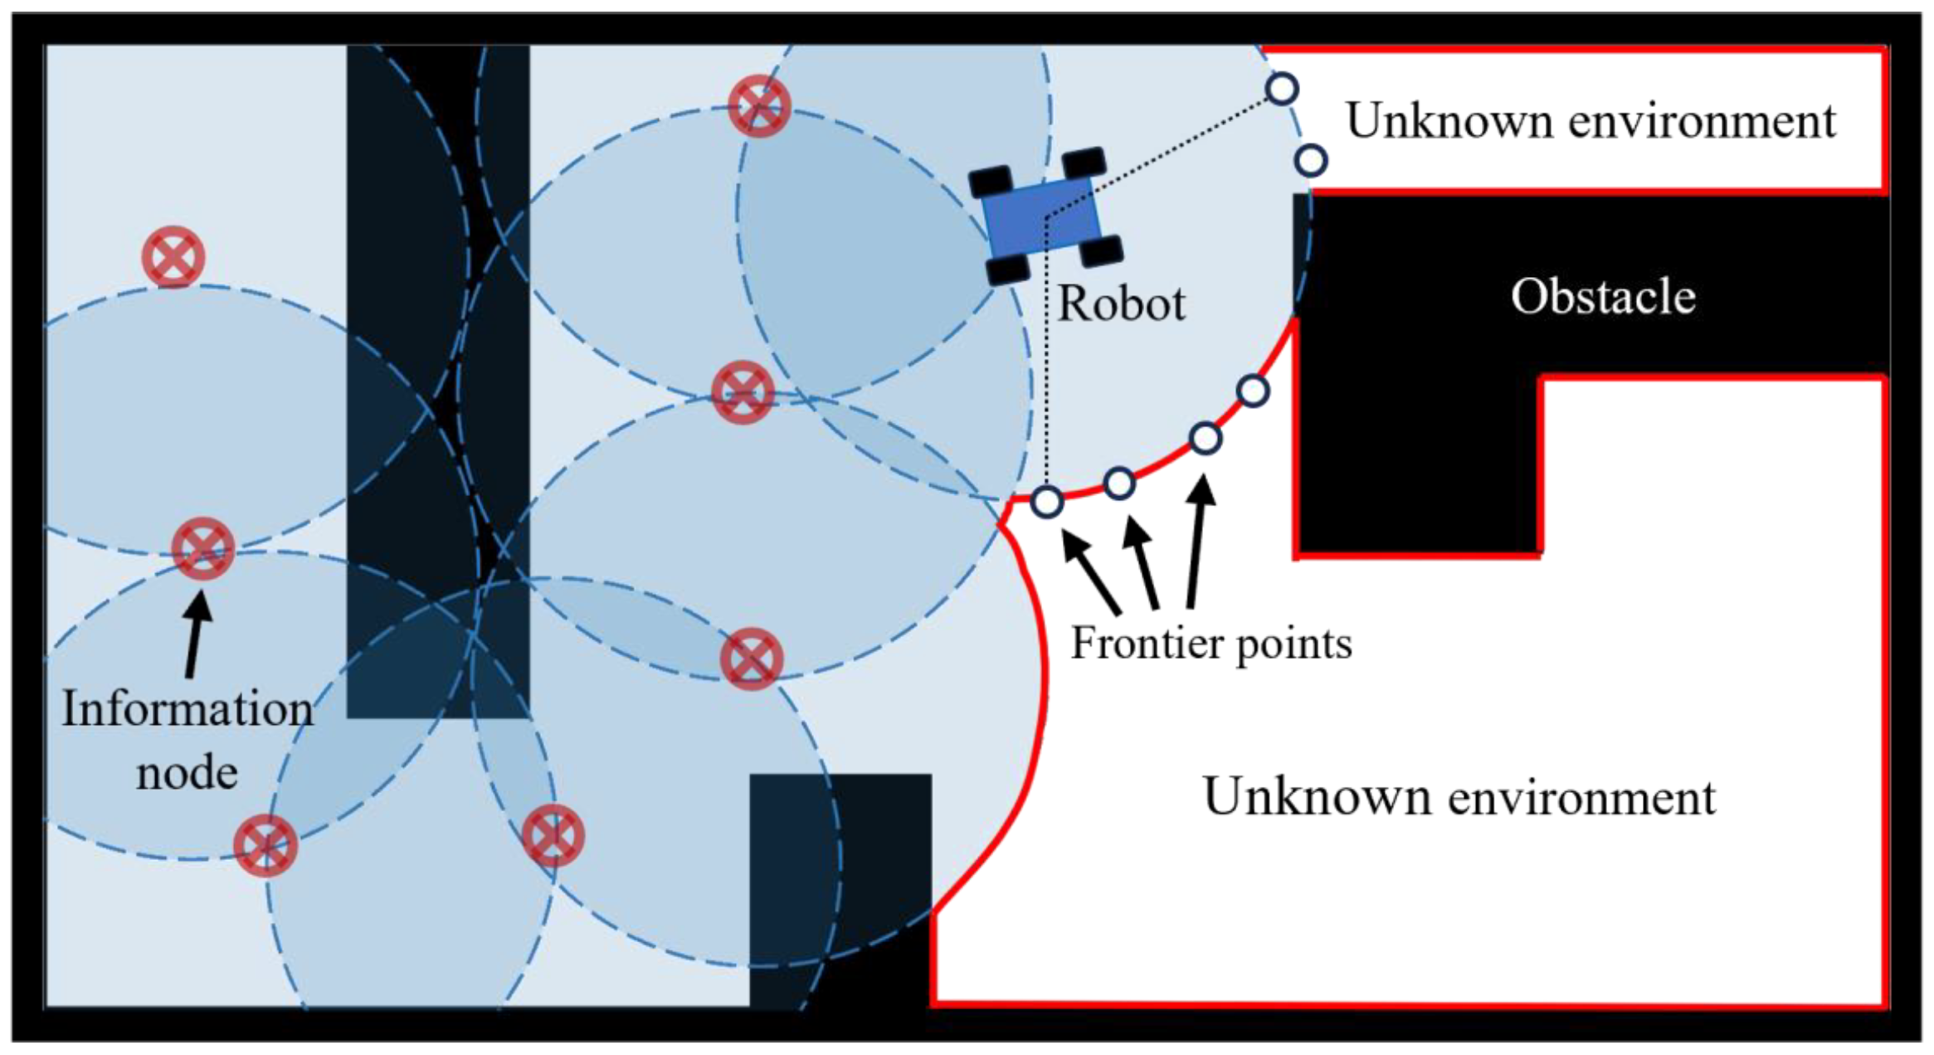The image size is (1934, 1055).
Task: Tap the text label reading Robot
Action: coord(1121,304)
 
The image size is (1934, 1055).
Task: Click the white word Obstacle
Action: coord(1602,296)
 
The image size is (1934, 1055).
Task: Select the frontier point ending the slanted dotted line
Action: coord(1282,88)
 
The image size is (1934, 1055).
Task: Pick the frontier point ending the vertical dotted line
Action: coord(1047,501)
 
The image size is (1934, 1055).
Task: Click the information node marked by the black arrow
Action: coord(203,548)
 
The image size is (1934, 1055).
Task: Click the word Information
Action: coord(188,709)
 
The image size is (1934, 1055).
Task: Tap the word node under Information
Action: coord(187,773)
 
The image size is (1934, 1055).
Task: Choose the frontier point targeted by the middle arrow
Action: coord(1119,483)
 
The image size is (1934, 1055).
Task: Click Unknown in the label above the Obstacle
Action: coord(1449,121)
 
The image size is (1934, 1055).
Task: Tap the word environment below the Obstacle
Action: coord(1581,797)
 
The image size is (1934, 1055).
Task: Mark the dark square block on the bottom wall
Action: coord(840,887)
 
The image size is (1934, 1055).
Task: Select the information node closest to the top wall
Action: coord(758,106)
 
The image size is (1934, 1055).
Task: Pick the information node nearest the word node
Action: coord(265,845)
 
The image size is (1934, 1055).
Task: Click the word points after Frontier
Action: coord(1293,644)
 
